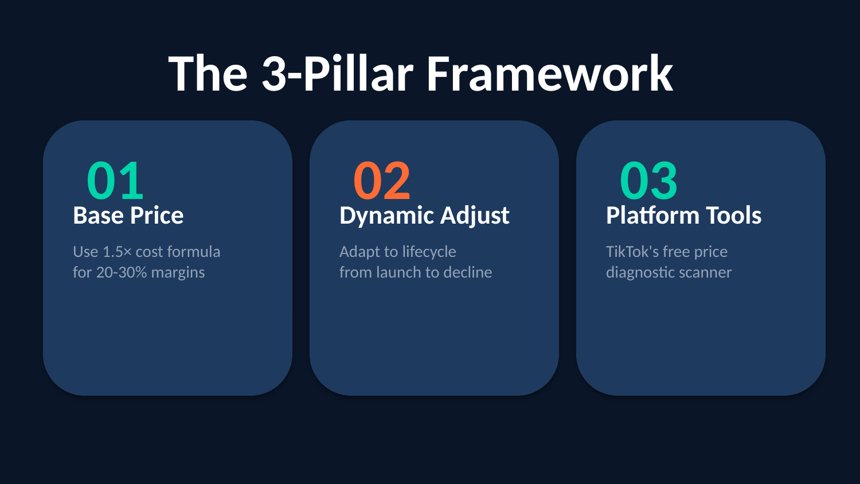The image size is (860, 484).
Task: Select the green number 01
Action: tap(115, 180)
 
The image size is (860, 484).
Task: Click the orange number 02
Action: tap(382, 180)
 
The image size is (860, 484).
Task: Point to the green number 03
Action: tap(648, 180)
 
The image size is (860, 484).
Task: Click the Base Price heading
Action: tap(128, 215)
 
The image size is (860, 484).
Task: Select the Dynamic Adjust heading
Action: tap(424, 216)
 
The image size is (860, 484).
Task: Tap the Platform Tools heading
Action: tap(684, 215)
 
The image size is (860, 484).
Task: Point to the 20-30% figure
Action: tap(122, 272)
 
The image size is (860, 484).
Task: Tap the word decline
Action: tap(468, 272)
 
